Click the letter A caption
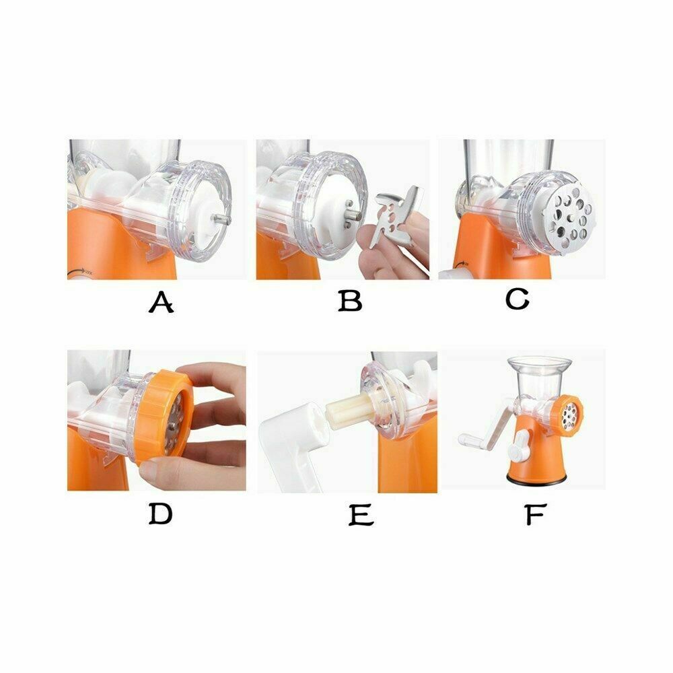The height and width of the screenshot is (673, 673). point(161,302)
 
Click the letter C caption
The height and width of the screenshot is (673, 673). point(517,299)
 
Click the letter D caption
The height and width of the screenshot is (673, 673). point(161,513)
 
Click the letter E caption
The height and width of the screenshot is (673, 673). point(361,515)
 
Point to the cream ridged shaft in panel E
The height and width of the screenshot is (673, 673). point(350,411)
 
